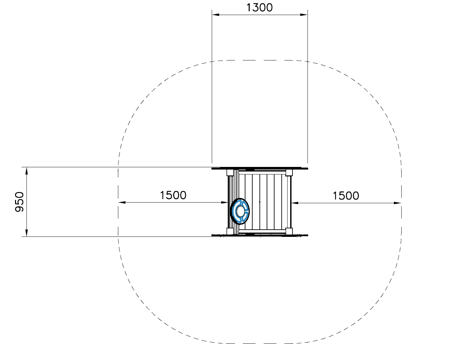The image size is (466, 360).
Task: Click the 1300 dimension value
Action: click(x=259, y=8)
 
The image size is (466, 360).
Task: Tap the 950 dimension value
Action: click(x=19, y=202)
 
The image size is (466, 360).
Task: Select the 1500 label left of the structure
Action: click(x=173, y=195)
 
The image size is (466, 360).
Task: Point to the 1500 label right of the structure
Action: click(x=346, y=196)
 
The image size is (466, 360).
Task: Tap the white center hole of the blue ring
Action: click(x=239, y=211)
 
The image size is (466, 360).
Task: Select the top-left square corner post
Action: click(x=230, y=172)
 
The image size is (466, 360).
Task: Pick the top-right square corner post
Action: click(x=289, y=172)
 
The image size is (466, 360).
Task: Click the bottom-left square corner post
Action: click(x=230, y=231)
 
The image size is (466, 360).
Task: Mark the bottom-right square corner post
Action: click(x=289, y=231)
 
